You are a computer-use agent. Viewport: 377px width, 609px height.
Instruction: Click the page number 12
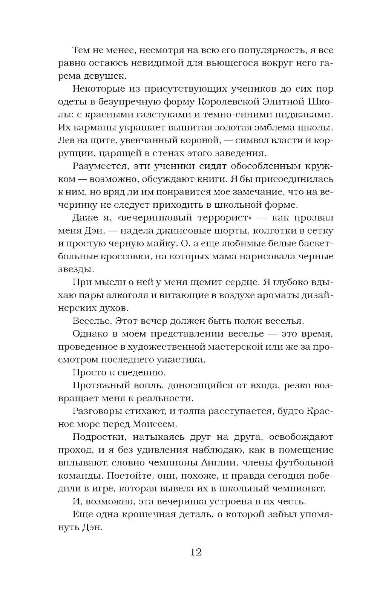196,552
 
